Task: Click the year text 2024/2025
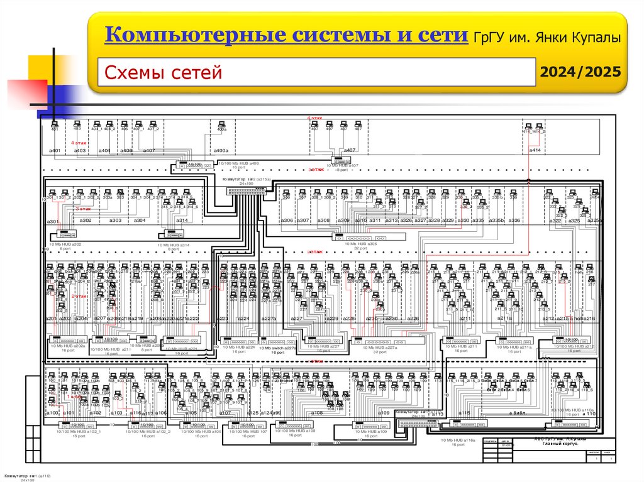point(582,72)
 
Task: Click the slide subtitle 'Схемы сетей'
point(164,73)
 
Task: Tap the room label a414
point(535,150)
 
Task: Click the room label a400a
point(221,151)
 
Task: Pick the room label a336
point(514,221)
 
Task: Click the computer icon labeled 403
point(77,124)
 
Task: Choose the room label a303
point(116,221)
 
